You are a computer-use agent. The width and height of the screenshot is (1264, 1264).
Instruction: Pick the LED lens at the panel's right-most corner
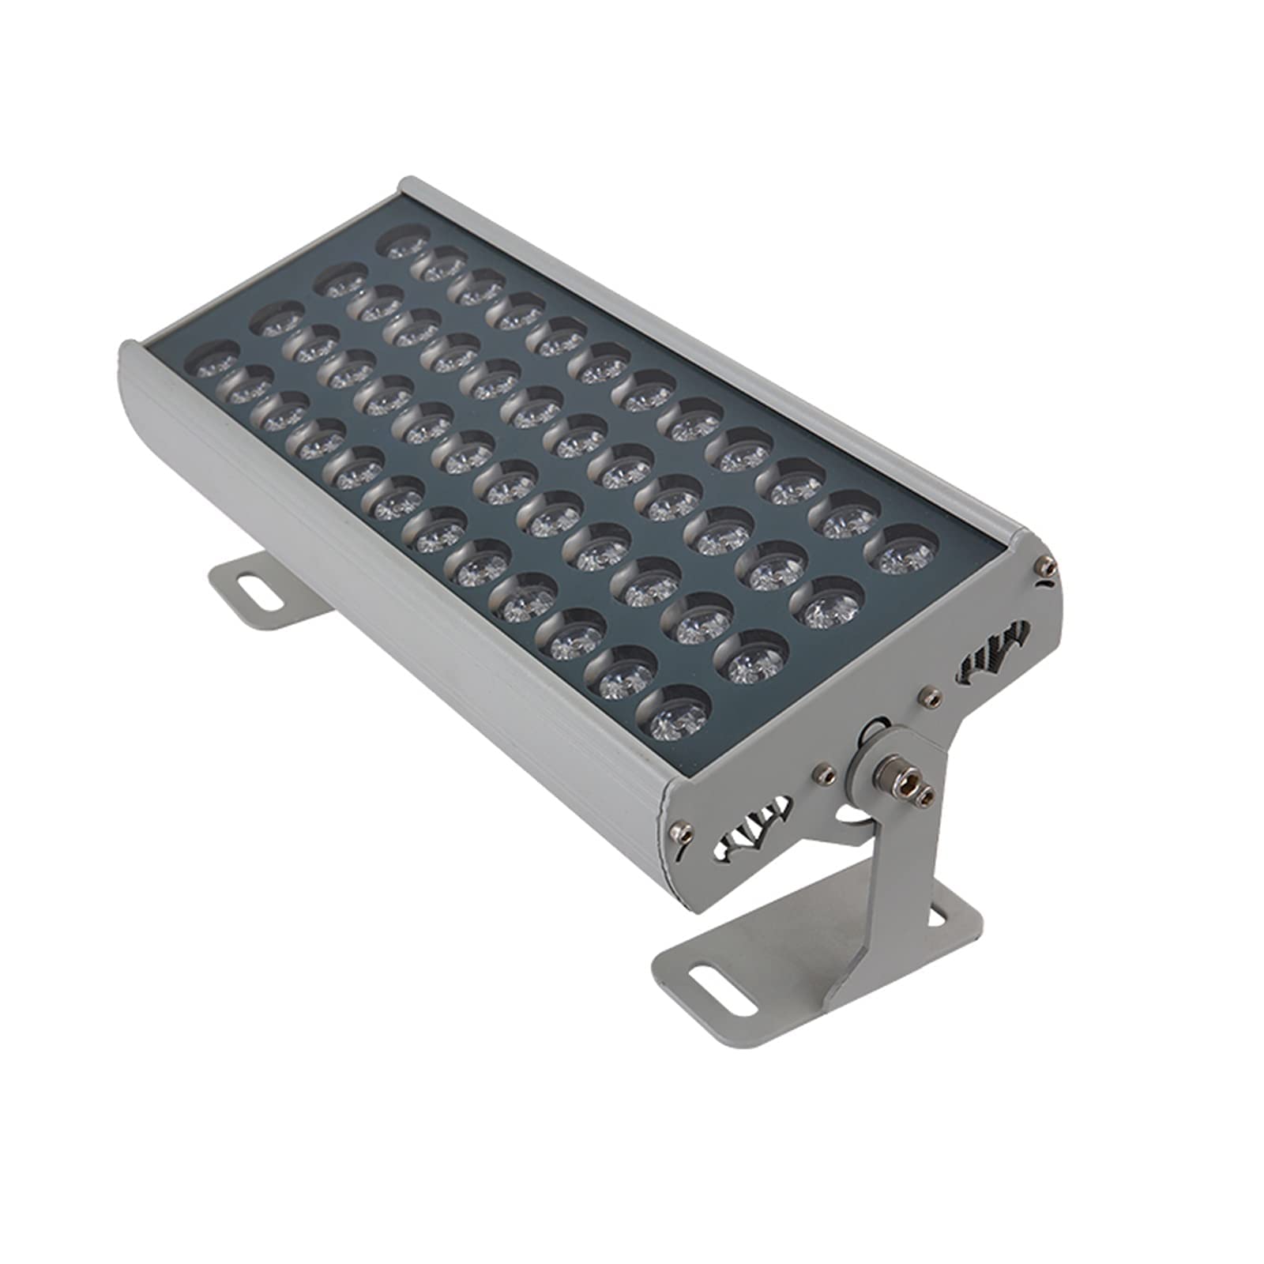coord(905,548)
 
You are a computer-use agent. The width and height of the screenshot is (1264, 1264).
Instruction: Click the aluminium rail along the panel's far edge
coord(711,348)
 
